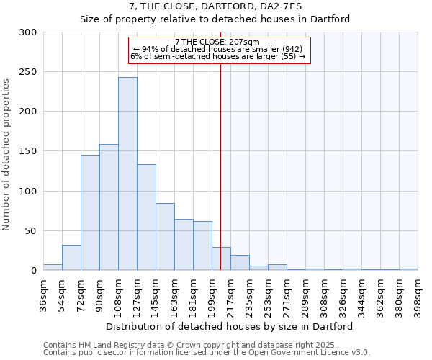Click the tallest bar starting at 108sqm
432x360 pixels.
(x=127, y=174)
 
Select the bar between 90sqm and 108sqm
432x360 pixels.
(x=109, y=207)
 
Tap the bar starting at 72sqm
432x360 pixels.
(x=90, y=212)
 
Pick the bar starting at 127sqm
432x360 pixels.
(x=146, y=217)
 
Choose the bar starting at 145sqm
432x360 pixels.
(x=165, y=237)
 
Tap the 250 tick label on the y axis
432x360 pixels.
(x=27, y=72)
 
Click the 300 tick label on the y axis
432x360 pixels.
(x=27, y=32)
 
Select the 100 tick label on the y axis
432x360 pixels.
(x=27, y=192)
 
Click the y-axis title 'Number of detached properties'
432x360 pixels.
(x=6, y=155)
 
